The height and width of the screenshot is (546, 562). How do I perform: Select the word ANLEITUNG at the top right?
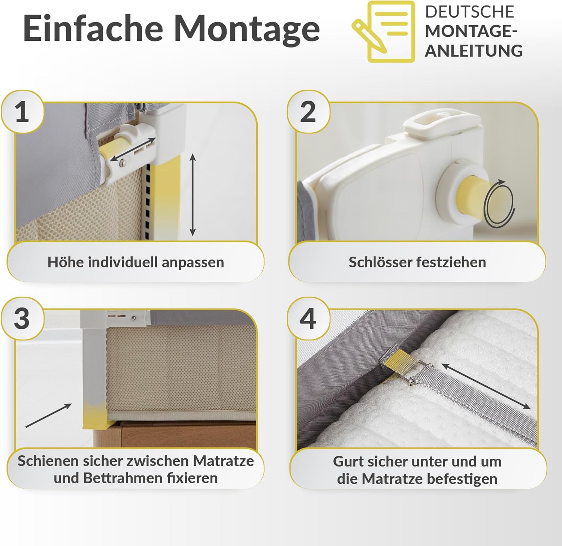[x=474, y=51]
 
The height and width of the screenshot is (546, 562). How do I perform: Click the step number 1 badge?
[x=22, y=112]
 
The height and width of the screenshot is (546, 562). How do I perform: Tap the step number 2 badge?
[x=308, y=112]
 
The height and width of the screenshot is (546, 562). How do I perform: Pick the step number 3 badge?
[x=22, y=319]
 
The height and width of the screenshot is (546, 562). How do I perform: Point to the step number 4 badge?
[x=308, y=319]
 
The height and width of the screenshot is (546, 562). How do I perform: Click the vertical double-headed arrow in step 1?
[x=193, y=194]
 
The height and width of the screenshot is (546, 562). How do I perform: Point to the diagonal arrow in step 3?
[x=49, y=415]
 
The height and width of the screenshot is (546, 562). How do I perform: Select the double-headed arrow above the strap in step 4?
[x=486, y=386]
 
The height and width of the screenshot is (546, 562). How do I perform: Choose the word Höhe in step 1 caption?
[x=65, y=262]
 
